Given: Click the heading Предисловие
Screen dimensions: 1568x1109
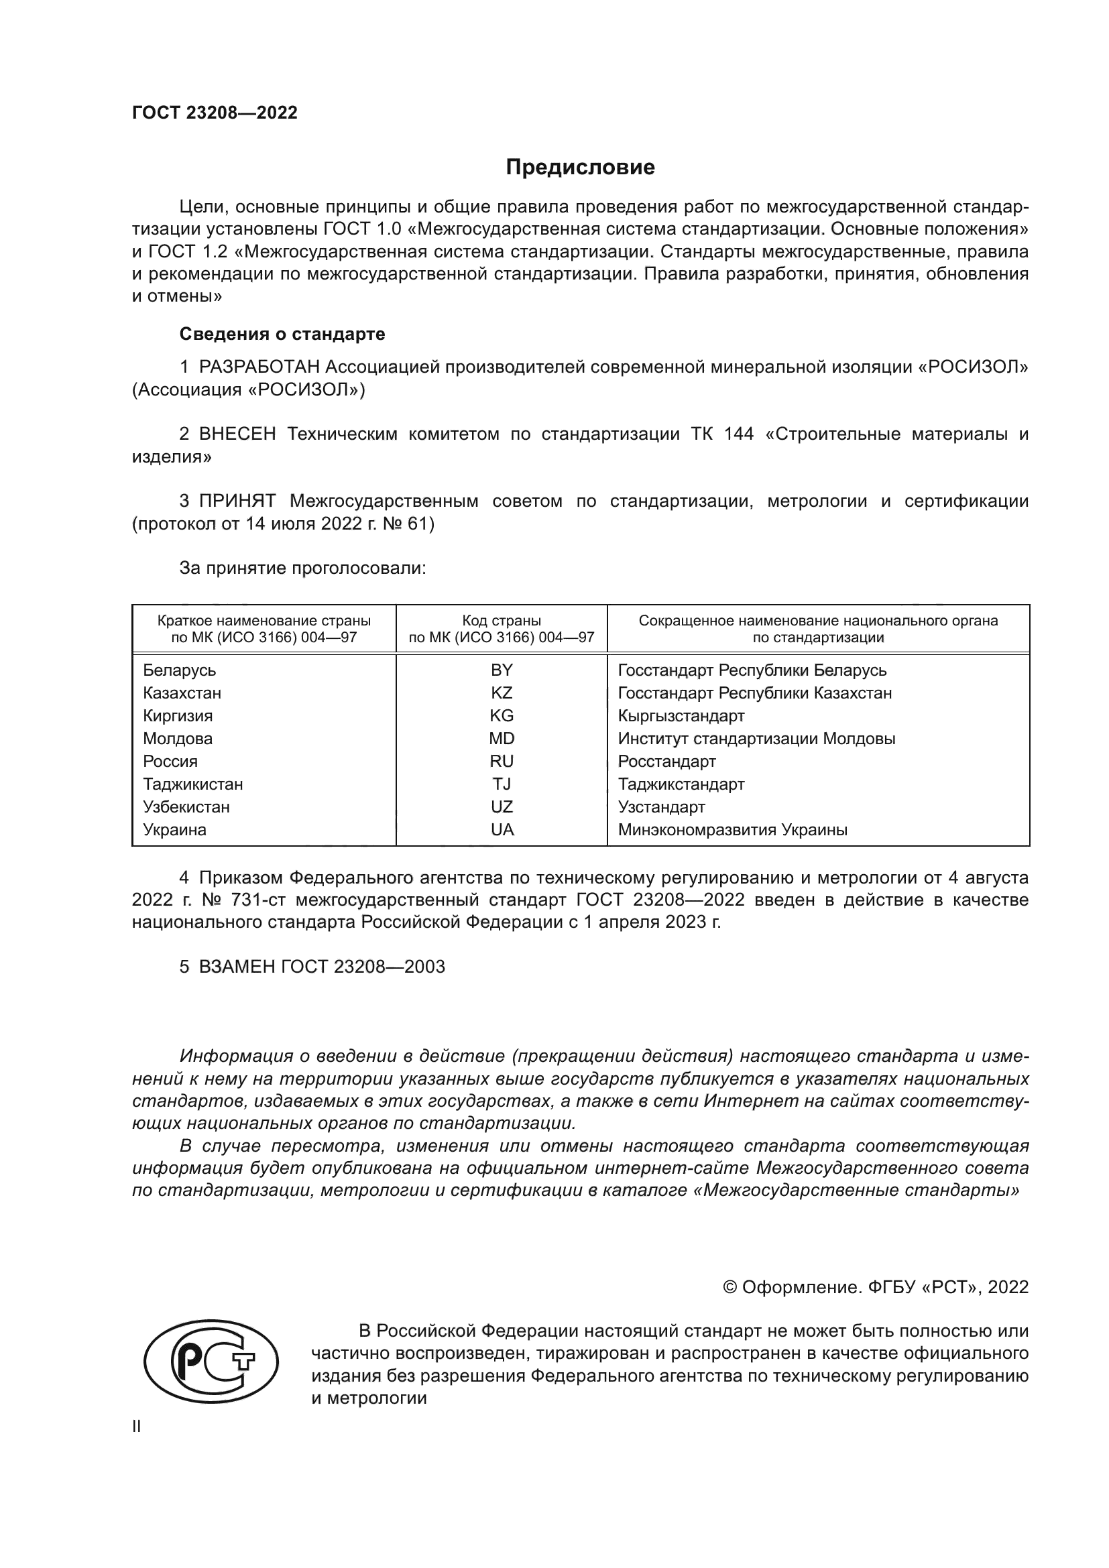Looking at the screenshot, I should (x=580, y=168).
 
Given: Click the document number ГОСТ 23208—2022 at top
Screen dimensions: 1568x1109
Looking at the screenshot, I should (x=215, y=113).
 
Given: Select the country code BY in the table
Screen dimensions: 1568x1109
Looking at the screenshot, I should (x=502, y=670).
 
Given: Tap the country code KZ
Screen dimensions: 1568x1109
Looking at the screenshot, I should (x=502, y=692).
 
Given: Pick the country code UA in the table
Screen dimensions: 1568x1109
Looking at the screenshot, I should (x=502, y=830).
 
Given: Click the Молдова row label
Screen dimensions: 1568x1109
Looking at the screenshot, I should (x=178, y=738).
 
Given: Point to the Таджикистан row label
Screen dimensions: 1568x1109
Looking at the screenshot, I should (x=192, y=784).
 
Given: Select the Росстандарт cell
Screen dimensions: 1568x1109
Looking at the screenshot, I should (x=666, y=761).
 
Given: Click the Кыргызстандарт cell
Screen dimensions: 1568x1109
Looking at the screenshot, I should (x=681, y=716).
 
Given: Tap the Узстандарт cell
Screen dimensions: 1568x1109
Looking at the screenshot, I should (x=661, y=806).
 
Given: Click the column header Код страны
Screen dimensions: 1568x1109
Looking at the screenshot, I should (x=502, y=621).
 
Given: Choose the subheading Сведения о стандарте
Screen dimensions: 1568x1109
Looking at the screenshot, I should (x=282, y=334).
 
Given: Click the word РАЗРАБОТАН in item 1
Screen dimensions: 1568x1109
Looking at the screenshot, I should (x=259, y=367).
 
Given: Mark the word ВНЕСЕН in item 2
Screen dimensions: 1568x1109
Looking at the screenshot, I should (x=237, y=434).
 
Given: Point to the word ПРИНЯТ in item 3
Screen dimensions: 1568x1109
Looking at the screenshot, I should (x=237, y=501).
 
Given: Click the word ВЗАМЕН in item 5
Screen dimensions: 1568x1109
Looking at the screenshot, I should (x=237, y=967).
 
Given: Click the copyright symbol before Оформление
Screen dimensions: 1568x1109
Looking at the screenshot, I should (x=729, y=1287).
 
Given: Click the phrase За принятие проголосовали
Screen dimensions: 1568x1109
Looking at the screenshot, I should (x=302, y=568).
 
